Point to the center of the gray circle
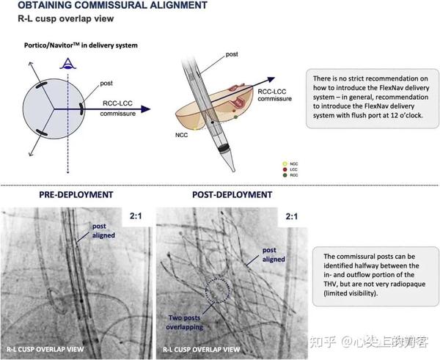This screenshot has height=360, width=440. pyautogui.click(x=58, y=109)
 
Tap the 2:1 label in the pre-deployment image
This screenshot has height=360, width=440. pyautogui.click(x=136, y=218)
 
